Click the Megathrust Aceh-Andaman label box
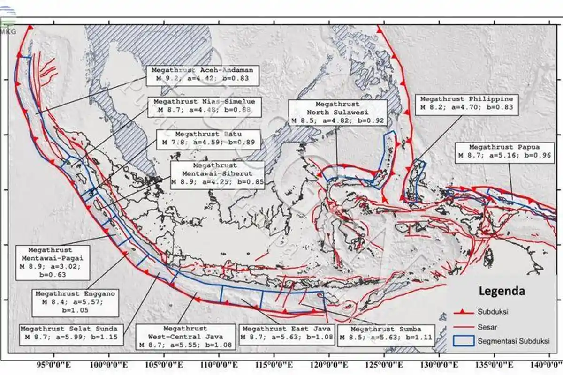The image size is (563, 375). click(x=203, y=75)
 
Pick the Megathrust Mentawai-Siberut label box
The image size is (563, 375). click(x=217, y=175)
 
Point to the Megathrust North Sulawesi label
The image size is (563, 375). click(x=337, y=112)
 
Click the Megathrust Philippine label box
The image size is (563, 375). click(x=466, y=103)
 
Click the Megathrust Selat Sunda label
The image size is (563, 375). click(x=68, y=333)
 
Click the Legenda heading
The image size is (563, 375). click(x=502, y=291)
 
